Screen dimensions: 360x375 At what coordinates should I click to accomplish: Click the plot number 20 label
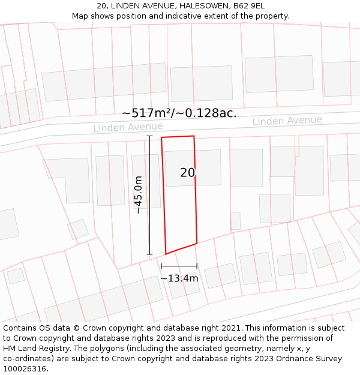188,173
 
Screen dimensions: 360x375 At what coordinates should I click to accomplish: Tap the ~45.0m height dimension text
138,195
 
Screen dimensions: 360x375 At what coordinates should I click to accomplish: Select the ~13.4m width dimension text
179,278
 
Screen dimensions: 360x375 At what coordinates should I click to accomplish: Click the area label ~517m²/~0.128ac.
179,113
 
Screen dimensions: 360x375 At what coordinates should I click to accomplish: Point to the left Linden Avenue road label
128,127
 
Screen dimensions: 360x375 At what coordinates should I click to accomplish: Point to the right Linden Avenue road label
287,121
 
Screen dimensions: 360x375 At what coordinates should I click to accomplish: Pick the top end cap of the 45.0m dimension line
149,136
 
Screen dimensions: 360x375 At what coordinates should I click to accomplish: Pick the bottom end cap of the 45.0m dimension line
149,254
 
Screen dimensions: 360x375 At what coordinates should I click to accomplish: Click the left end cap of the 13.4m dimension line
161,266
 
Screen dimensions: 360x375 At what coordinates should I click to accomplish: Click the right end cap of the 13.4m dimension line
197,266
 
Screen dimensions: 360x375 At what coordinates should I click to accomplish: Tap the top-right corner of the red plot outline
194,136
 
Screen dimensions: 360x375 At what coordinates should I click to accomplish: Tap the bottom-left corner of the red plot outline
166,254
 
